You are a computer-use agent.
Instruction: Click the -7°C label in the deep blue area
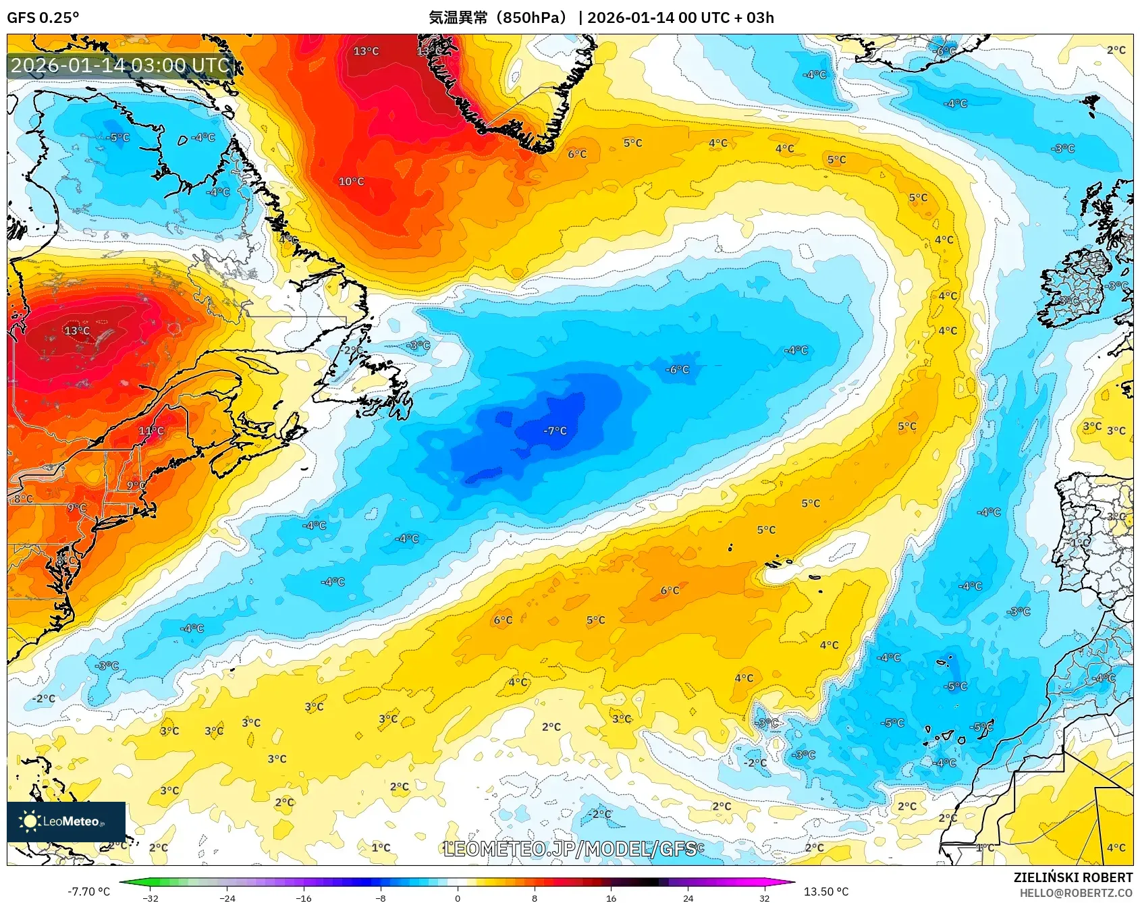pyautogui.click(x=555, y=431)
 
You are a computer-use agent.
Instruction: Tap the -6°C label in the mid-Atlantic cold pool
pyautogui.click(x=677, y=369)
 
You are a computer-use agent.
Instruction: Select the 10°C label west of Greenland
pyautogui.click(x=351, y=182)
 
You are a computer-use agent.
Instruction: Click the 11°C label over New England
pyautogui.click(x=151, y=431)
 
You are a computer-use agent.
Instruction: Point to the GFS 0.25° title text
pyautogui.click(x=43, y=18)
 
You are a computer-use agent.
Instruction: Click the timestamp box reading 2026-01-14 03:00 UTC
pyautogui.click(x=121, y=65)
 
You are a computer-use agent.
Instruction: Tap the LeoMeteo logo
pyautogui.click(x=66, y=821)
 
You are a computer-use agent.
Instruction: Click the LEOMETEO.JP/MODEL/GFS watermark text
pyautogui.click(x=570, y=848)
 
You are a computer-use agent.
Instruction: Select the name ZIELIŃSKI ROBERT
pyautogui.click(x=1073, y=877)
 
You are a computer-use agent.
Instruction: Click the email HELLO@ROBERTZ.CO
pyautogui.click(x=1076, y=893)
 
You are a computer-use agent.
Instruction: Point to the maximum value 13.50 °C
pyautogui.click(x=826, y=892)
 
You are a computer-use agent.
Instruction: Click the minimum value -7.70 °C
pyautogui.click(x=88, y=892)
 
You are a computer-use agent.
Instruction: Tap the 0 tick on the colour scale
pyautogui.click(x=458, y=898)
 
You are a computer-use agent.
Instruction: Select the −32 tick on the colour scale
pyautogui.click(x=151, y=898)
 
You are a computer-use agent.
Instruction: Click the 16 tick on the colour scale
pyautogui.click(x=611, y=898)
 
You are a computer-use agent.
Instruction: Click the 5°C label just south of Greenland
pyautogui.click(x=632, y=143)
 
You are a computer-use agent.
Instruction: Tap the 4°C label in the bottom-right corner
pyautogui.click(x=1116, y=848)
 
